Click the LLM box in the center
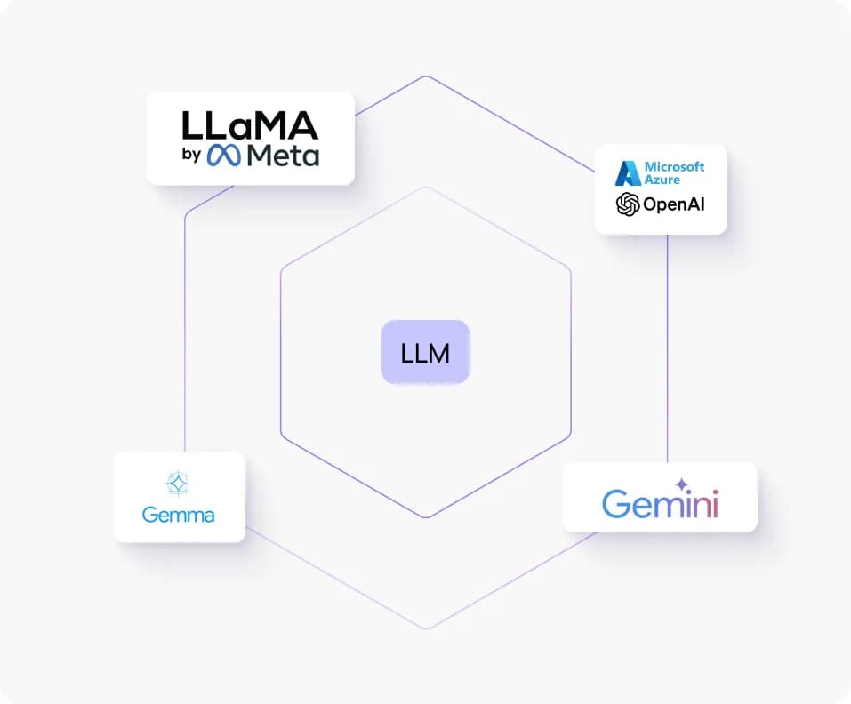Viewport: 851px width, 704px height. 425,352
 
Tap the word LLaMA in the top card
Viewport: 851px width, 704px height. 249,125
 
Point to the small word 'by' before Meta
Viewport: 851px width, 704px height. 191,157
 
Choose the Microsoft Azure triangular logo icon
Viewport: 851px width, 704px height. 629,172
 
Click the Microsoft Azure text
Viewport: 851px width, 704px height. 674,172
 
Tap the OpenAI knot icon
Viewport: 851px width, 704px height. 628,204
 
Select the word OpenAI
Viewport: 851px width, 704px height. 675,205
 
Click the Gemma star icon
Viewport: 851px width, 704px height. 179,483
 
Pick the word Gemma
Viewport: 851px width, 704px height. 179,515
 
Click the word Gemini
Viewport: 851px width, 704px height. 660,504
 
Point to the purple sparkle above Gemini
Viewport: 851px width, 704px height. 682,484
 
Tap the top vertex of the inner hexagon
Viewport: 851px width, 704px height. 426,188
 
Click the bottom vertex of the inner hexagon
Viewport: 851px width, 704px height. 426,517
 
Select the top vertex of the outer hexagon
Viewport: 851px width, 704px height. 426,76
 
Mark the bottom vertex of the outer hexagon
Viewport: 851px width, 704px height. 426,629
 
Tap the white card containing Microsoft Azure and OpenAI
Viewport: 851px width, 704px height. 660,188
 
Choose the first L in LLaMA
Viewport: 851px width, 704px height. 193,125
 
